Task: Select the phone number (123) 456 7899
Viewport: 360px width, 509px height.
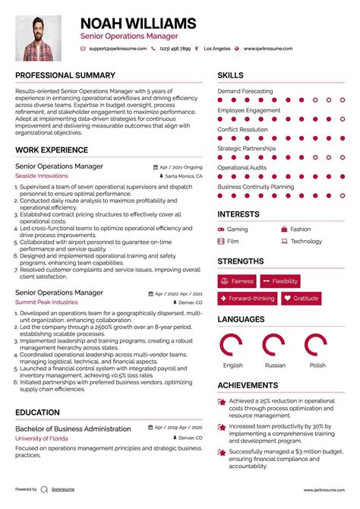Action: coord(177,49)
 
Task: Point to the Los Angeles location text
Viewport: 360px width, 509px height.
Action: coord(216,49)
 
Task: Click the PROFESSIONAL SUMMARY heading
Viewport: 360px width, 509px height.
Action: coord(65,75)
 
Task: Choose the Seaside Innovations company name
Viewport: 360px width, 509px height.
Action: coord(41,175)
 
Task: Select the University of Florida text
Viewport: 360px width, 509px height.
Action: coord(43,439)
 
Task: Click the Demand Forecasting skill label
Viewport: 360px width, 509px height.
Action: coord(245,91)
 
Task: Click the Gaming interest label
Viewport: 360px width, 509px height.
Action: coord(237,229)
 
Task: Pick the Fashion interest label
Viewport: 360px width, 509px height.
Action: coord(300,229)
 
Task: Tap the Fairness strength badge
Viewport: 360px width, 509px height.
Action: coord(237,281)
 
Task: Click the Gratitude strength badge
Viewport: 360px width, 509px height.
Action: coord(301,299)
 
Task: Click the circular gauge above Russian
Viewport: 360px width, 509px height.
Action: coord(274,346)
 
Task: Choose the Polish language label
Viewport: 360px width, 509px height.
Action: coord(317,365)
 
